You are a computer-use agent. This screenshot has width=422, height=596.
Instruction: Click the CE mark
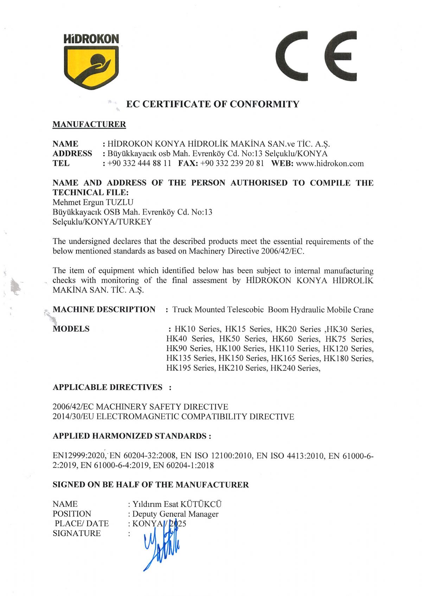316,56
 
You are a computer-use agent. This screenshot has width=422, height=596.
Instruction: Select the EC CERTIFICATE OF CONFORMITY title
212,104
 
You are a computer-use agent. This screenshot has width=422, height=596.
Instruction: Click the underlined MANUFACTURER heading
89,124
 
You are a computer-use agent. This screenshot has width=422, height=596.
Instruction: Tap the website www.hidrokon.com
330,164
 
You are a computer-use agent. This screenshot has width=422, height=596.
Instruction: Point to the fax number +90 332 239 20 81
232,164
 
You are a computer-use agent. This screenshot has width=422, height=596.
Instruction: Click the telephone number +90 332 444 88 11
139,164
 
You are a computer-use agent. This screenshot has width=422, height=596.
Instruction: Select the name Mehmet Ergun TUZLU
93,202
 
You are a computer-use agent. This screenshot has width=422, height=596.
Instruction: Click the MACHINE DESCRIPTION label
104,309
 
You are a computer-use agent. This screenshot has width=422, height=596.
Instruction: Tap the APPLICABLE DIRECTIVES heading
108,387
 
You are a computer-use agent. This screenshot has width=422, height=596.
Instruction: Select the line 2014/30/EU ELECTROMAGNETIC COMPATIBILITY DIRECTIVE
173,417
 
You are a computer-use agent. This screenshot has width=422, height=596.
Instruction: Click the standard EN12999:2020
79,456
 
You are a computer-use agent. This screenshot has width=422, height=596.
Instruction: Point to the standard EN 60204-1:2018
183,466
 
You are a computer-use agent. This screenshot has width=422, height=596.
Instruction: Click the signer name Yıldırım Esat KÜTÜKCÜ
177,504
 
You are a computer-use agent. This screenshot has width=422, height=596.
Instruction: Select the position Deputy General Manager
175,514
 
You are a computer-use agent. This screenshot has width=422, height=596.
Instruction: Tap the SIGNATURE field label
77,533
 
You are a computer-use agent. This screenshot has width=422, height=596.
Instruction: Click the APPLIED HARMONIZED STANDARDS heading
132,436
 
